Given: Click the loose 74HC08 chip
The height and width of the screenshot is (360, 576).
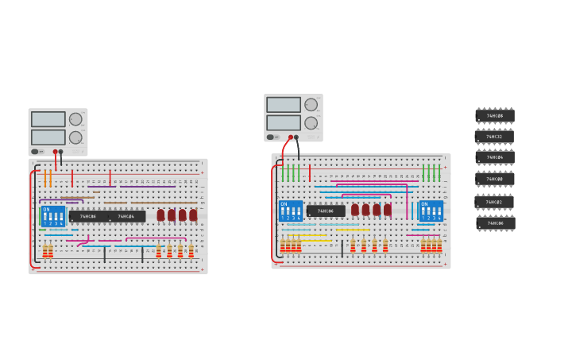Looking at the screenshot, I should click(495, 116).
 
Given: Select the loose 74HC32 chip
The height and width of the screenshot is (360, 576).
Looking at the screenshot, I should click(495, 137).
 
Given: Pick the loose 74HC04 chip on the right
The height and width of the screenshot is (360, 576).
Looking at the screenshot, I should click(495, 157).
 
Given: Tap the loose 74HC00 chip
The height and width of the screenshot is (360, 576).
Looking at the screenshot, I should click(495, 179).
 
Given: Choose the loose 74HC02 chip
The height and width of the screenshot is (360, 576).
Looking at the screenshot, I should click(495, 202).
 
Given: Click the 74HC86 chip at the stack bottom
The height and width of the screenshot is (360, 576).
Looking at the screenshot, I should click(495, 223).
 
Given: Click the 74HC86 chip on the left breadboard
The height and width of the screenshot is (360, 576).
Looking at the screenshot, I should click(87, 216).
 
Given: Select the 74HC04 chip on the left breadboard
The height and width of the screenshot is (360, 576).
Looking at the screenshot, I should click(126, 216).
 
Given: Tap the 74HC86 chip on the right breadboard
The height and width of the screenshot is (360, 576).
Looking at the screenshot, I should click(326, 211).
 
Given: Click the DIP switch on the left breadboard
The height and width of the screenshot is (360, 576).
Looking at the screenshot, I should click(53, 216).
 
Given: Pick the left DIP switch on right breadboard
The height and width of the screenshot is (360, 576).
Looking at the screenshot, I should click(290, 211).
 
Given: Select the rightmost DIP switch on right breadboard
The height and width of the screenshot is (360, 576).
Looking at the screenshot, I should click(431, 211).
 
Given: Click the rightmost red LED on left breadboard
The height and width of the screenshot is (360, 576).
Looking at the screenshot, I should click(193, 215).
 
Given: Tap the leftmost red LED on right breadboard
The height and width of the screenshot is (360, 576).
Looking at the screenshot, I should click(355, 210).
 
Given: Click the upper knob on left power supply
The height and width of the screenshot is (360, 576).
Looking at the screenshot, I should click(75, 119).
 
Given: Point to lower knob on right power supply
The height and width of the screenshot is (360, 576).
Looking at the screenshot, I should click(311, 122).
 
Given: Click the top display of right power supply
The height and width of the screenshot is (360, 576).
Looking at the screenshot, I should click(284, 105).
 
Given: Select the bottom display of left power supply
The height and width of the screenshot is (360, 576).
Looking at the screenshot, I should click(48, 137).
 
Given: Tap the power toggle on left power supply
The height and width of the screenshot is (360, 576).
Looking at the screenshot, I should click(36, 151).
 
